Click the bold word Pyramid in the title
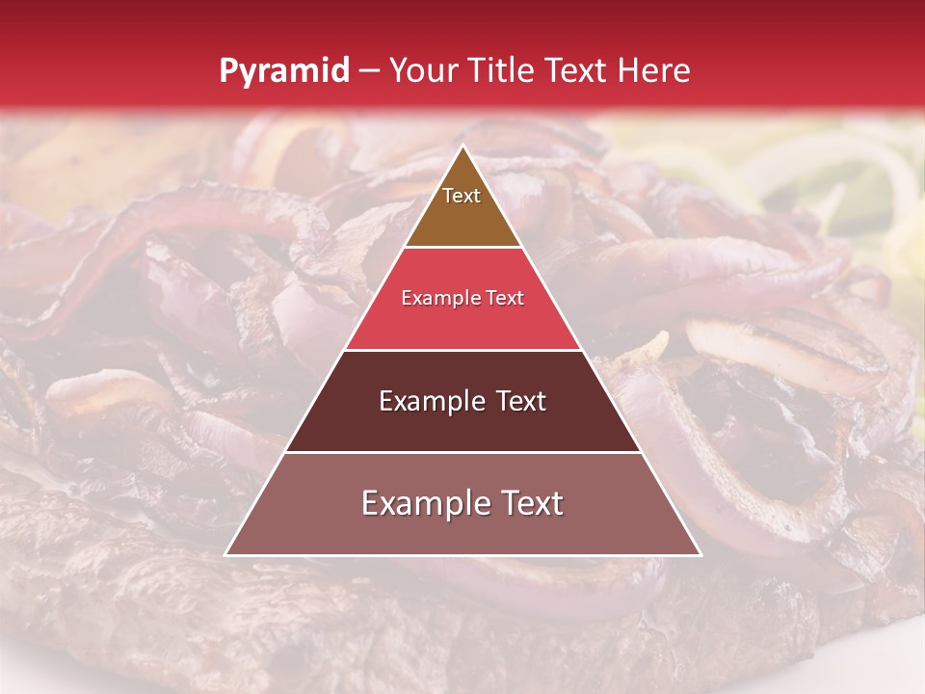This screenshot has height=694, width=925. (x=284, y=71)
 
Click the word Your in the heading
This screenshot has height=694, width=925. (x=424, y=71)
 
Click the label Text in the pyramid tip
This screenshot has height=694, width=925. (x=462, y=197)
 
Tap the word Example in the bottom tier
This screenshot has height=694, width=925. (x=421, y=504)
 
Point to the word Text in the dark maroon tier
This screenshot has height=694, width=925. (x=519, y=402)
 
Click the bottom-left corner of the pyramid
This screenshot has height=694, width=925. (x=226, y=554)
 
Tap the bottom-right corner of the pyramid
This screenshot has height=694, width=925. (x=700, y=554)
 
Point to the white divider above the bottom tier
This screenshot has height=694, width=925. (x=462, y=452)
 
